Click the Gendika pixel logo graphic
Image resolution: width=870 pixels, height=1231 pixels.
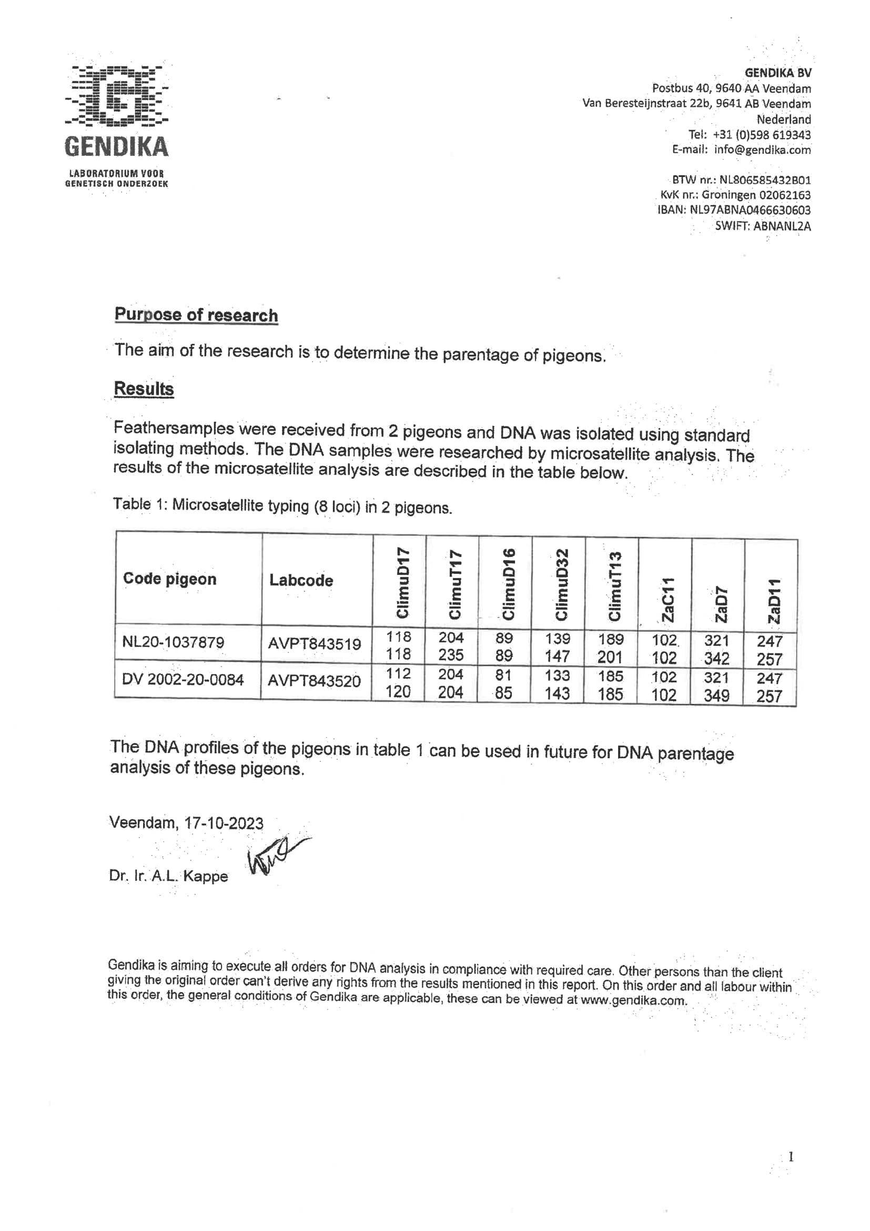click(116, 96)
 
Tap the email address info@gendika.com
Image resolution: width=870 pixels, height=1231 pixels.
click(762, 150)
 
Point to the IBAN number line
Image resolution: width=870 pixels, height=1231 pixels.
click(734, 210)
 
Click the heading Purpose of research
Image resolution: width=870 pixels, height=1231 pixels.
click(196, 315)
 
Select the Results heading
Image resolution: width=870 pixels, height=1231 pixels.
click(144, 389)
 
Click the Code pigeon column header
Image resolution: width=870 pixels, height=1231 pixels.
click(170, 579)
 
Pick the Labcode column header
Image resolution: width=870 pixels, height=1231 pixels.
click(301, 580)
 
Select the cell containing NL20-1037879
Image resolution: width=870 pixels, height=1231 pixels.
click(173, 642)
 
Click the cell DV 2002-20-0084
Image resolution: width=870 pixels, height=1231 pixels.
click(183, 679)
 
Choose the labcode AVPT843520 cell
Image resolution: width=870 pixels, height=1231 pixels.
click(315, 681)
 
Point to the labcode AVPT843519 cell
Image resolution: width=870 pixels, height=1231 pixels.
click(315, 643)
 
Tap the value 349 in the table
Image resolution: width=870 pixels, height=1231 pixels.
click(717, 696)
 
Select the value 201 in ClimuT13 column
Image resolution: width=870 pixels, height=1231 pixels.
click(610, 657)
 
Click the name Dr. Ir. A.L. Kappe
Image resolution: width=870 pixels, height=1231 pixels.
click(168, 876)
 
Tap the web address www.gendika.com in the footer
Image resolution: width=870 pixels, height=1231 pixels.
click(633, 1000)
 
